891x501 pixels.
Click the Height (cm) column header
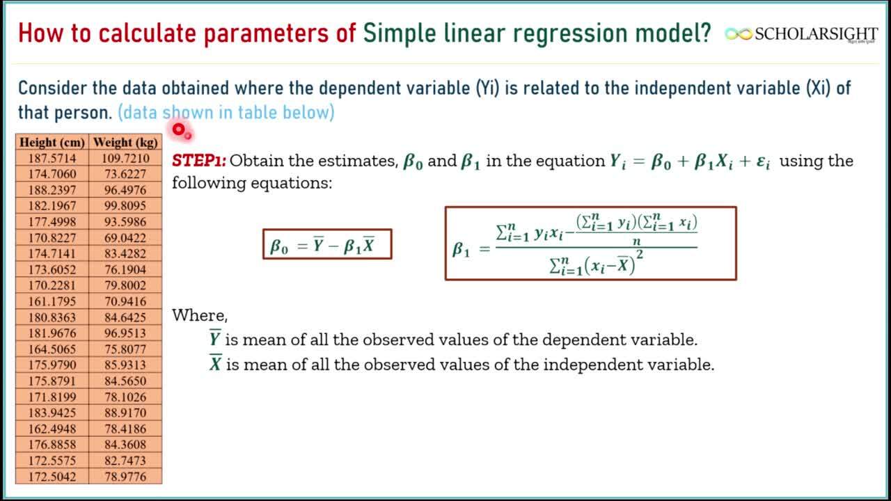tap(52, 142)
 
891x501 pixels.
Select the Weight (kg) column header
tap(125, 142)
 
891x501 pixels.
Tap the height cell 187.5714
tap(52, 158)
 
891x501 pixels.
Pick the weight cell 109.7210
tap(125, 158)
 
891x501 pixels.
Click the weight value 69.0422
tap(125, 238)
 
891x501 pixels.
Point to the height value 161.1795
tap(52, 301)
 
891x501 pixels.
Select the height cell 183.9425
tap(52, 413)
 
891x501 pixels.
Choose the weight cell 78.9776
tap(125, 477)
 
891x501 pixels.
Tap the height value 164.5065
tap(52, 349)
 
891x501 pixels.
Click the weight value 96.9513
tap(125, 333)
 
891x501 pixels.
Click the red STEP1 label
tap(199, 161)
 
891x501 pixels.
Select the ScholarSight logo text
tap(816, 34)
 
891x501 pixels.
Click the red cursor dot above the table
tap(179, 129)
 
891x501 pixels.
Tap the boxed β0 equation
tap(327, 244)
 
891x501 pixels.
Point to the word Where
tap(200, 315)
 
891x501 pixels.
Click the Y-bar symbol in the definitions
tap(215, 338)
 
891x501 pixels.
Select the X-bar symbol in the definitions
tap(216, 363)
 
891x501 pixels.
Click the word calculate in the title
tap(147, 33)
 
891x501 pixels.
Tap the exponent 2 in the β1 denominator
tap(640, 255)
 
